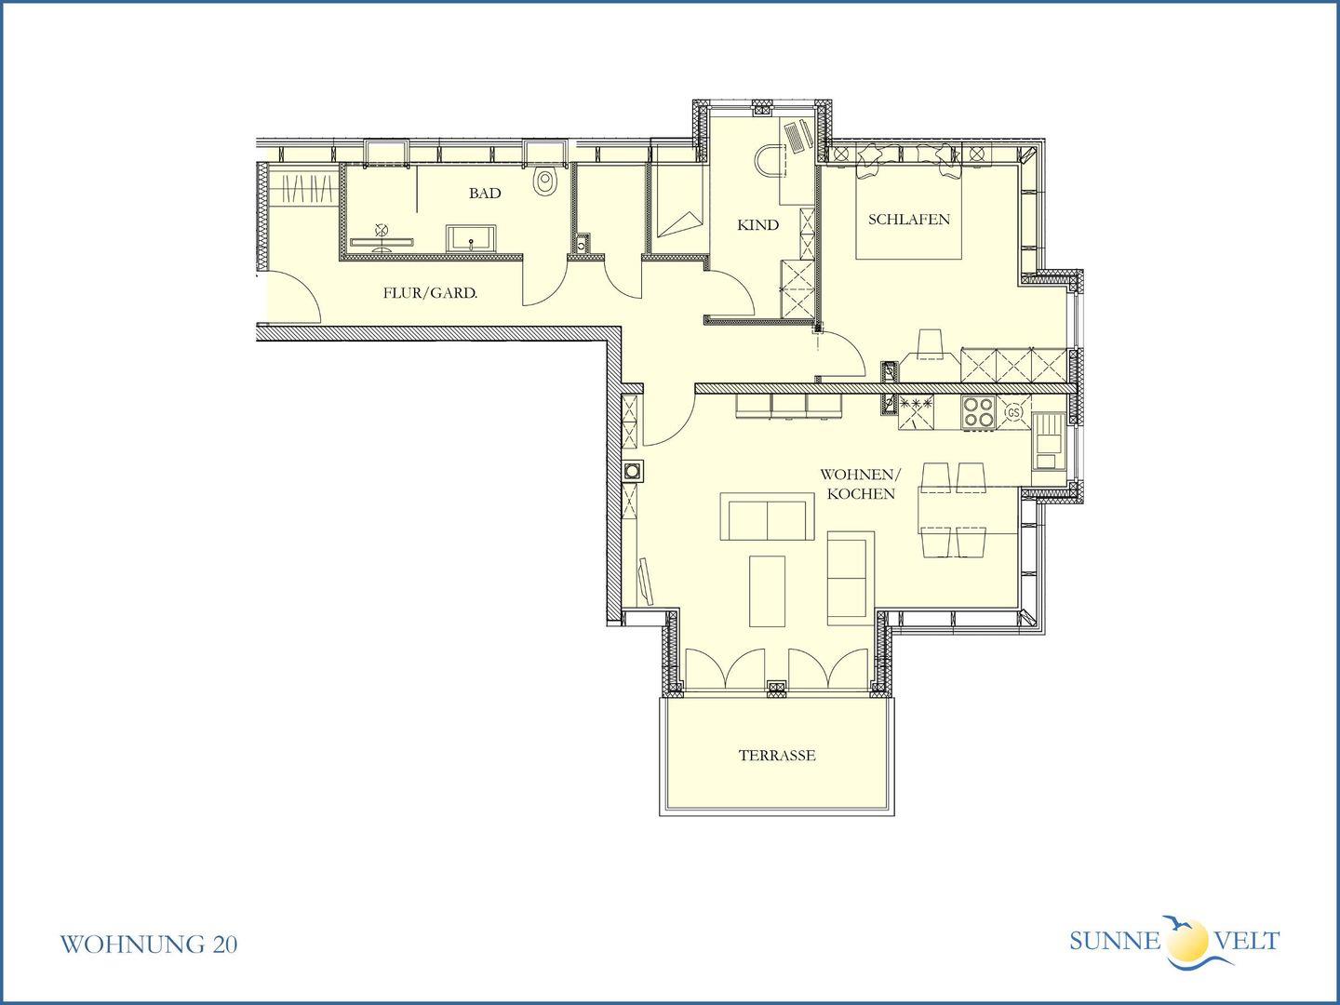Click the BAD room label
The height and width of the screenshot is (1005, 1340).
pyautogui.click(x=485, y=194)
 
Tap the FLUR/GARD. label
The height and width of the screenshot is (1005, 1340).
pyautogui.click(x=430, y=293)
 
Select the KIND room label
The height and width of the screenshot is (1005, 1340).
pyautogui.click(x=757, y=225)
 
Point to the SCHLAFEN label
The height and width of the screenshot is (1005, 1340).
pyautogui.click(x=908, y=220)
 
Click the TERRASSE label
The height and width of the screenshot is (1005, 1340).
pyautogui.click(x=776, y=756)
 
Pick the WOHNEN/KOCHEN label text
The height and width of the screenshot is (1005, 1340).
pyautogui.click(x=861, y=484)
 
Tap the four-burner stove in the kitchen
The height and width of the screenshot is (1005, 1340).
pyautogui.click(x=979, y=412)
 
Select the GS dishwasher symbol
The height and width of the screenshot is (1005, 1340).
pyautogui.click(x=1013, y=412)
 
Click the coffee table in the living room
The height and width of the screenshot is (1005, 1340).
pyautogui.click(x=767, y=591)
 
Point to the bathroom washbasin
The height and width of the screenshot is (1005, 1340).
pyautogui.click(x=471, y=238)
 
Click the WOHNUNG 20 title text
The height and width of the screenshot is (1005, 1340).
pyautogui.click(x=148, y=944)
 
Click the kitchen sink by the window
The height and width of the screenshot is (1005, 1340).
pyautogui.click(x=1048, y=440)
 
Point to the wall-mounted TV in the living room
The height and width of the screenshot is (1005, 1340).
pyautogui.click(x=645, y=581)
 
